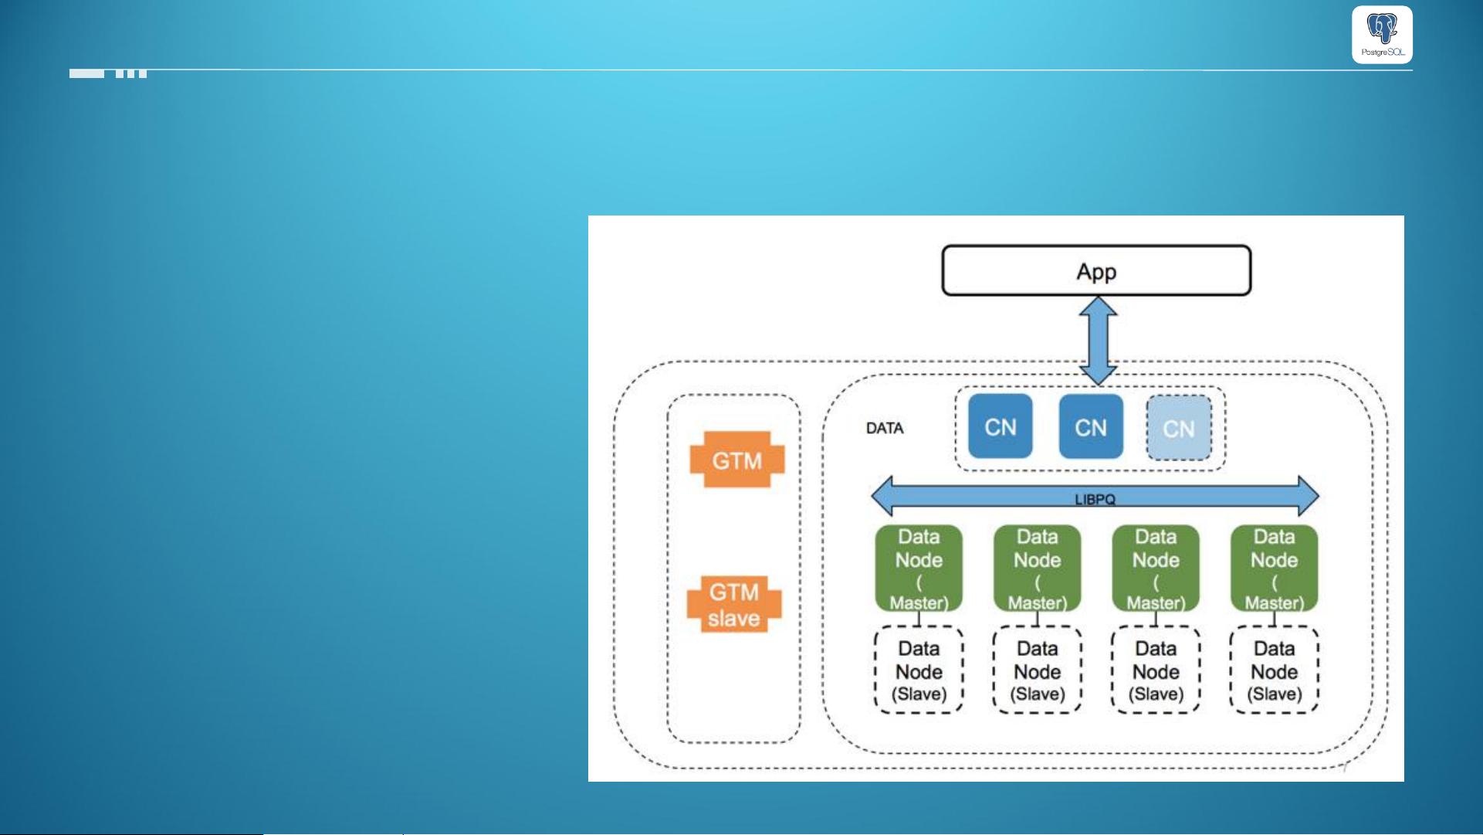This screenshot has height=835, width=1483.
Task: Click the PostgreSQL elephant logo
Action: [x=1382, y=34]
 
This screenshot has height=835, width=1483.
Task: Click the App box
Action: [x=1096, y=271]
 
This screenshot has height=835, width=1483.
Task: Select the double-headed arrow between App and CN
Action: [x=1098, y=341]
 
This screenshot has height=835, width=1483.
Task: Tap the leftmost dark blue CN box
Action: [x=1000, y=426]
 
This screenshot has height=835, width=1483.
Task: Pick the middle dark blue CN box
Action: [x=1090, y=426]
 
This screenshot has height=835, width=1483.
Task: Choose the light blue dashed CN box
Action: [x=1178, y=428]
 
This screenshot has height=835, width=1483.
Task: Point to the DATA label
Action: [x=885, y=428]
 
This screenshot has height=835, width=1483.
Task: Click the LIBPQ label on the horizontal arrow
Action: [x=1095, y=499]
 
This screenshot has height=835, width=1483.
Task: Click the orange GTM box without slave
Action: [x=736, y=460]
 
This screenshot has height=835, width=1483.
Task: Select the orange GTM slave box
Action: [x=734, y=604]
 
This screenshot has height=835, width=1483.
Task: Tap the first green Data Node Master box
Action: [x=919, y=569]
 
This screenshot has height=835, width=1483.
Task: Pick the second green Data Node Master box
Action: [x=1037, y=569]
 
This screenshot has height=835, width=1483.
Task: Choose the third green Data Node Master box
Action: [x=1156, y=569]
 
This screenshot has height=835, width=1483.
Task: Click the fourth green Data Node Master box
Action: [x=1274, y=569]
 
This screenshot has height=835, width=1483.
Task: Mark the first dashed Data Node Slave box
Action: [x=919, y=670]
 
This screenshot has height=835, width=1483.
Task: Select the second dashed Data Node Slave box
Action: [x=1037, y=670]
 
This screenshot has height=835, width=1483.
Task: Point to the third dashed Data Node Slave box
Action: [x=1156, y=670]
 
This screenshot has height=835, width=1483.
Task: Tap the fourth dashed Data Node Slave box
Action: [x=1274, y=670]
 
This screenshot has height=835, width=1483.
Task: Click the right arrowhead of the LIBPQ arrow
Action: [x=1308, y=496]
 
